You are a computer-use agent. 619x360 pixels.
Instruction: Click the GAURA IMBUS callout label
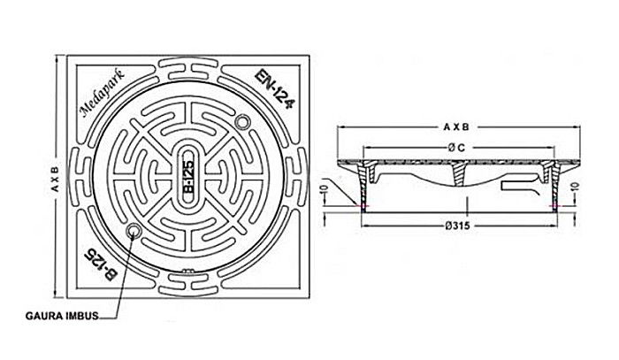pyautogui.click(x=62, y=316)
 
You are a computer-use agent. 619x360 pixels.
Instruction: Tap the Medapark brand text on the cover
pyautogui.click(x=103, y=94)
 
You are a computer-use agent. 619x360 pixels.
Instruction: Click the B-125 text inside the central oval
pyautogui.click(x=189, y=176)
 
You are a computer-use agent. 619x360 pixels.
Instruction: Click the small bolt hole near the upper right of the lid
pyautogui.click(x=241, y=122)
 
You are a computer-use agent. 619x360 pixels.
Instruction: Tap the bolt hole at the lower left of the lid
pyautogui.click(x=133, y=231)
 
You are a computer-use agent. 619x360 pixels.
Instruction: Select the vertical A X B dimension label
pyautogui.click(x=55, y=179)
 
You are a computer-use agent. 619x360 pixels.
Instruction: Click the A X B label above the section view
pyautogui.click(x=456, y=127)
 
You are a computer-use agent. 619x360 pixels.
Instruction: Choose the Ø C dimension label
pyautogui.click(x=456, y=148)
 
